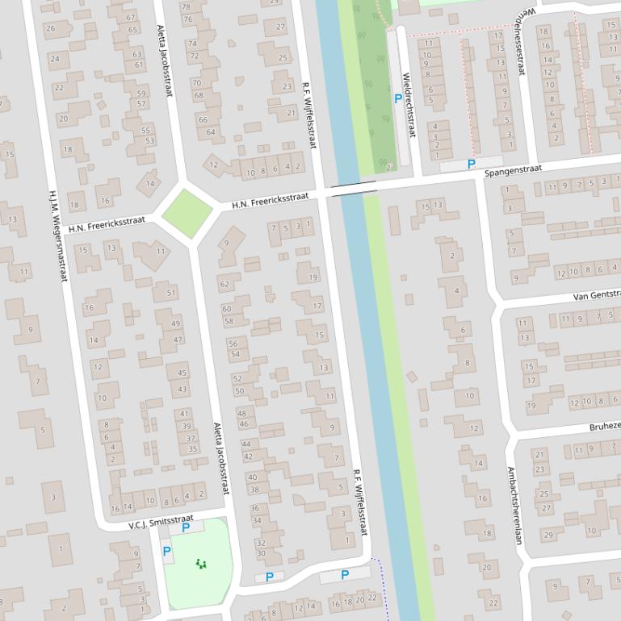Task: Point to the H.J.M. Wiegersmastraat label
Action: coord(57,236)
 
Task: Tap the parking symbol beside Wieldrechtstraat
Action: coord(397,98)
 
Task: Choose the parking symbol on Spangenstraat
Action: coord(472,164)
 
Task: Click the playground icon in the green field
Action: coord(200,563)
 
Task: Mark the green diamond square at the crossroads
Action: coord(187,213)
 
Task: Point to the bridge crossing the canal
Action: coord(352,189)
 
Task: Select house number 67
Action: coord(132,18)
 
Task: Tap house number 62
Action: coord(224,284)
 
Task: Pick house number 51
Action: coord(171,293)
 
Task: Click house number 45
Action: coord(183,373)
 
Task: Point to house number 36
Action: coord(255,508)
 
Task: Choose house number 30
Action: coord(261,553)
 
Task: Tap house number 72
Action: coord(194,56)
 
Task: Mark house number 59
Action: coord(141,93)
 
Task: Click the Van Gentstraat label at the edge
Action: coord(597,296)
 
